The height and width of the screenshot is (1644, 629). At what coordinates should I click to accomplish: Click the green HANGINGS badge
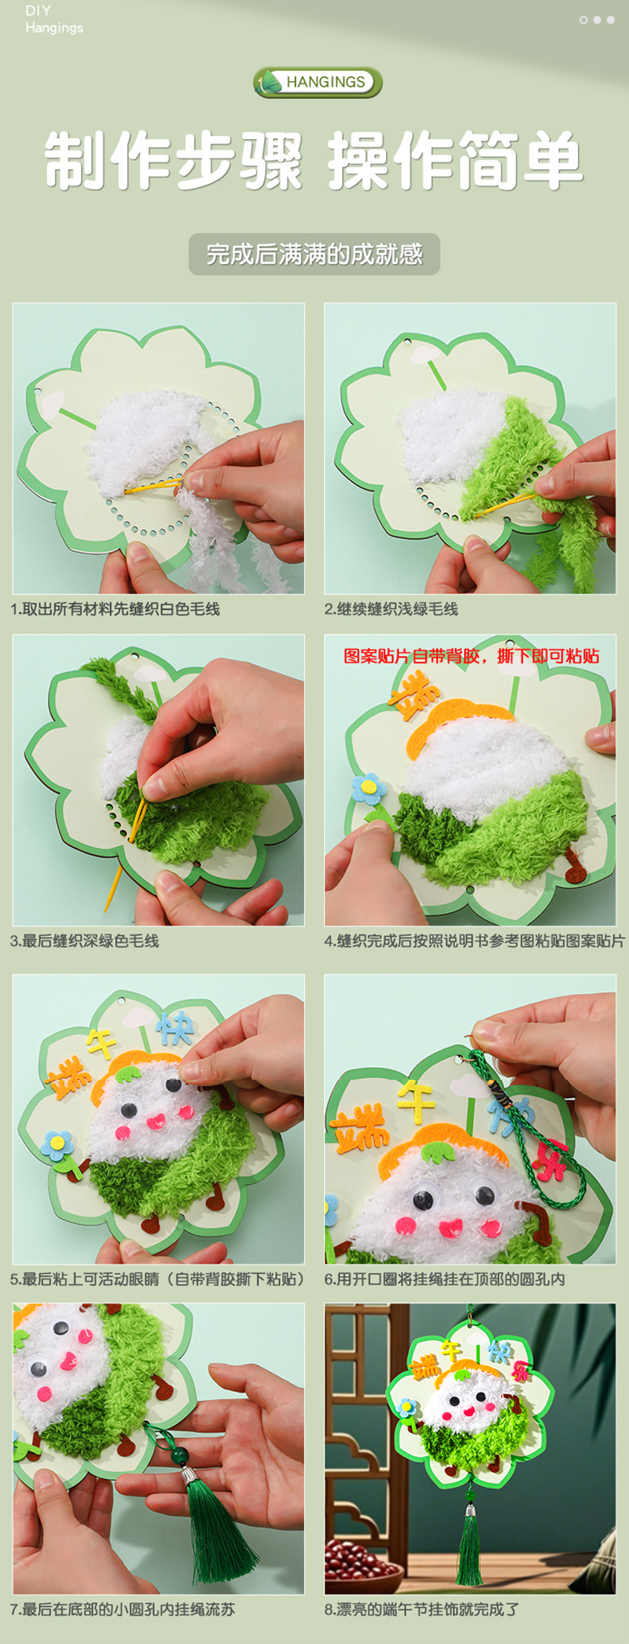[318, 82]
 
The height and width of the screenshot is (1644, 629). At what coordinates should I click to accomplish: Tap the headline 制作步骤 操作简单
[314, 161]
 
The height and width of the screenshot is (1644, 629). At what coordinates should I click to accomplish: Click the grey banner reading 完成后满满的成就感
[314, 254]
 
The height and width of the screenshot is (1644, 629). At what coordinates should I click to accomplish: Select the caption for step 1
[115, 609]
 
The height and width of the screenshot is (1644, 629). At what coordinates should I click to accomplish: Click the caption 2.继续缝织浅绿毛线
[391, 609]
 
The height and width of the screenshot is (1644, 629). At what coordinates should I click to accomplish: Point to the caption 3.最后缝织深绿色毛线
[85, 941]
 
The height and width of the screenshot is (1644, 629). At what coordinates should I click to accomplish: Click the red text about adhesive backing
[472, 655]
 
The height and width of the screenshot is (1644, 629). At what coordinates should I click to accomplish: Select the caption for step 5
[157, 1279]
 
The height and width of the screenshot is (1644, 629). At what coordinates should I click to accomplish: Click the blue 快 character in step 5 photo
[174, 1027]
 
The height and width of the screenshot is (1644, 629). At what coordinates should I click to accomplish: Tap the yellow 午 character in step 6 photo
[415, 1098]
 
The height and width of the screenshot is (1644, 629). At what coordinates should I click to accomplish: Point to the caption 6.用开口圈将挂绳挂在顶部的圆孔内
[445, 1279]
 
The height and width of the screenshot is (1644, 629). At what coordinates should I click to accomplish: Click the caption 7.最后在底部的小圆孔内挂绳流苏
[123, 1609]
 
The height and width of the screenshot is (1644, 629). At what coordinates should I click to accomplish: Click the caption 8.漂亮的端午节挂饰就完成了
[422, 1609]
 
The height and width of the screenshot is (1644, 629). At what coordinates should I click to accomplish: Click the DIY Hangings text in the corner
[53, 20]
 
